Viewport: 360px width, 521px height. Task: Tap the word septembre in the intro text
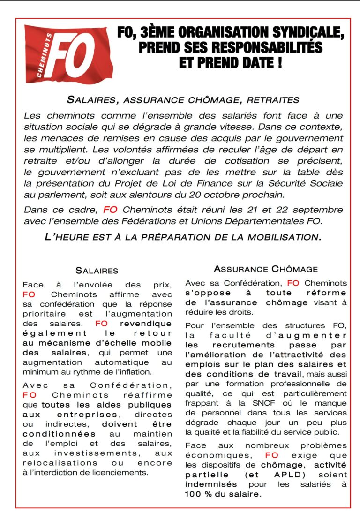click(x=315, y=210)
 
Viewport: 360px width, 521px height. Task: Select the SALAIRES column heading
click(x=97, y=271)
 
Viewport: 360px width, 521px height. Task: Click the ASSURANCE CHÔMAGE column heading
click(x=266, y=269)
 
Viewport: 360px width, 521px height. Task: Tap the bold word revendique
click(x=146, y=324)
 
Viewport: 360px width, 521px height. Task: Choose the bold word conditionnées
click(x=56, y=434)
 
